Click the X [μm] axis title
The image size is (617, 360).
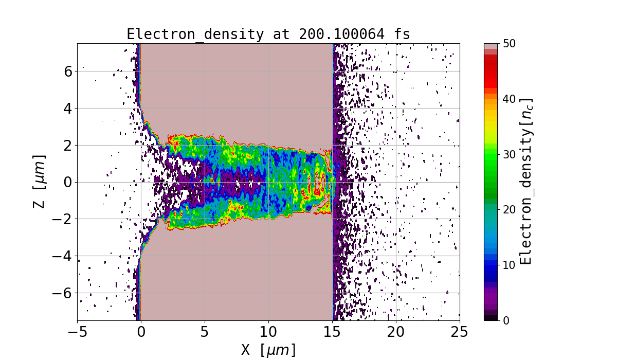click(x=268, y=350)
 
